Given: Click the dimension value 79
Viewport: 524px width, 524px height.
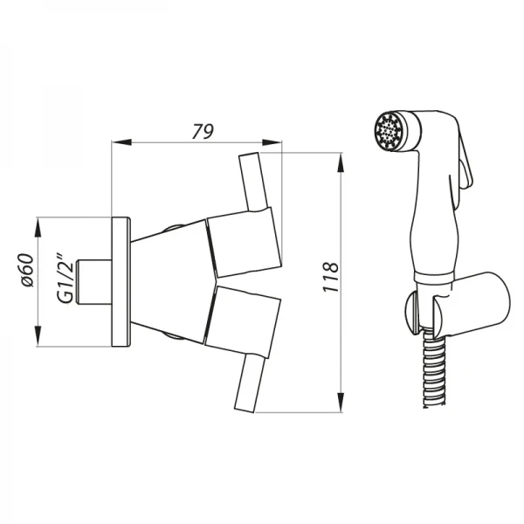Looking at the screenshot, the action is click(203, 131).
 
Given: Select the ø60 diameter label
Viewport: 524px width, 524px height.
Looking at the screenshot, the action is click(27, 270).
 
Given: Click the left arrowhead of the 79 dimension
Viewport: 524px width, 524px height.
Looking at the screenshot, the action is click(121, 142).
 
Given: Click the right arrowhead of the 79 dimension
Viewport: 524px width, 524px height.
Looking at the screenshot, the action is click(272, 142).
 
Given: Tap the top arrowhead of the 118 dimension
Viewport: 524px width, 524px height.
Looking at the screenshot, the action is click(341, 162).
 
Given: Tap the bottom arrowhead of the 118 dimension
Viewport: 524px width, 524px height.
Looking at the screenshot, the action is click(341, 403).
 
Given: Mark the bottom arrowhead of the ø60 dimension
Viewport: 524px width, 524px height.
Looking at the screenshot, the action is click(38, 336).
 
